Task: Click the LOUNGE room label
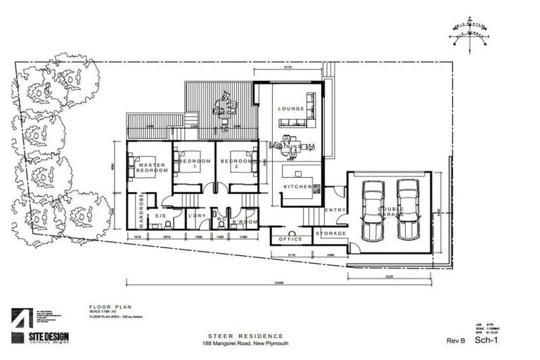pos(290,109)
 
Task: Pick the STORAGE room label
pos(330,233)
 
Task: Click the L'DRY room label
pos(197,215)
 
